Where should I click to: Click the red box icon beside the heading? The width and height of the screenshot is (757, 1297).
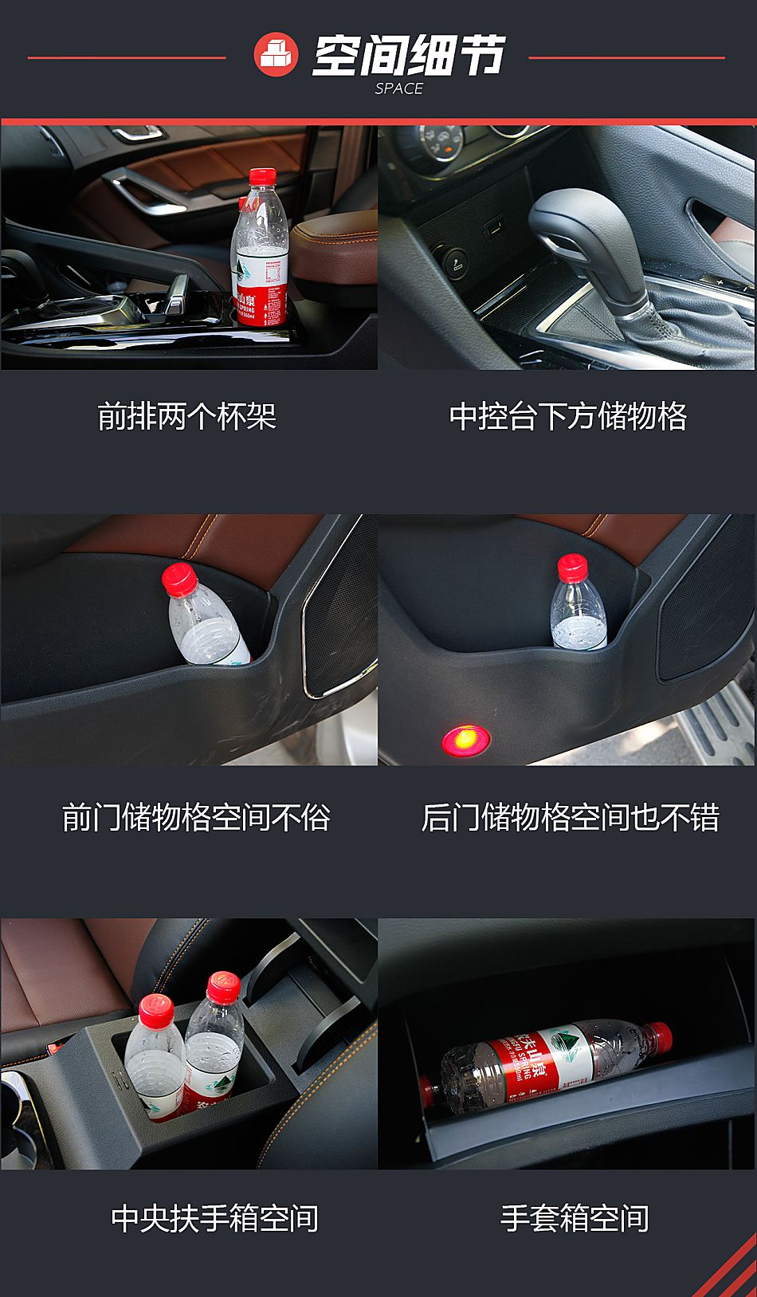click(x=276, y=55)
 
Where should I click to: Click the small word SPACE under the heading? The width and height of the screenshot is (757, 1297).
click(x=398, y=89)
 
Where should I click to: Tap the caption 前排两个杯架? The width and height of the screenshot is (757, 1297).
click(x=187, y=416)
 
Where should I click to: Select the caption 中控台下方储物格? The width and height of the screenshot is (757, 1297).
click(x=568, y=416)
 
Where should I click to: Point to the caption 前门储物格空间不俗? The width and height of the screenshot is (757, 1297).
click(x=196, y=818)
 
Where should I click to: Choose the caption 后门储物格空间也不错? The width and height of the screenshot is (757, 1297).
click(x=570, y=818)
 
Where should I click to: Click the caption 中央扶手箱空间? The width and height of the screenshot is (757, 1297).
click(x=214, y=1218)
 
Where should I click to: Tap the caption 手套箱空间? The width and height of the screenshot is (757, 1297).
click(x=574, y=1218)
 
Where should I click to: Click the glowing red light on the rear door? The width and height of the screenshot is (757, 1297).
click(x=465, y=739)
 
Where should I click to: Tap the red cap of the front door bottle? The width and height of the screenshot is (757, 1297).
click(x=178, y=578)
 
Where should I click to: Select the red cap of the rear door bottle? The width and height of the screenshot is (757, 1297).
click(x=572, y=567)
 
